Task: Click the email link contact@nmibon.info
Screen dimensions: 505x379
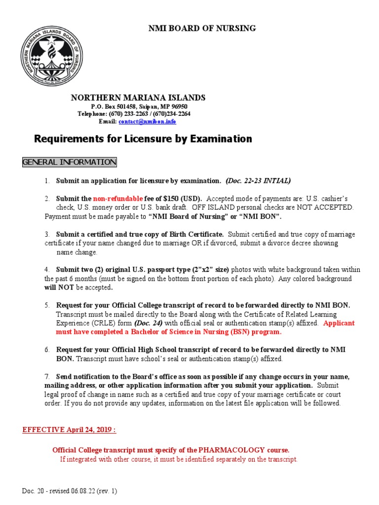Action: [147, 121]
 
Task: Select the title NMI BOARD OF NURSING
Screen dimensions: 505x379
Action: [202, 28]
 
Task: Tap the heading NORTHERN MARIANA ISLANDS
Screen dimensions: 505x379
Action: [138, 98]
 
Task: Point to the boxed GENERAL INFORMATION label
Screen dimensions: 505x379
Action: [70, 162]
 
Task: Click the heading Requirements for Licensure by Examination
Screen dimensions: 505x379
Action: [143, 139]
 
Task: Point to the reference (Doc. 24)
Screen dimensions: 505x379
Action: [149, 323]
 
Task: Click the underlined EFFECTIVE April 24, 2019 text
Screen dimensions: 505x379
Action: [69, 430]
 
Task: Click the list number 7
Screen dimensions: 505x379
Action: [47, 377]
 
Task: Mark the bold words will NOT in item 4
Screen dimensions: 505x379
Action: [58, 288]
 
